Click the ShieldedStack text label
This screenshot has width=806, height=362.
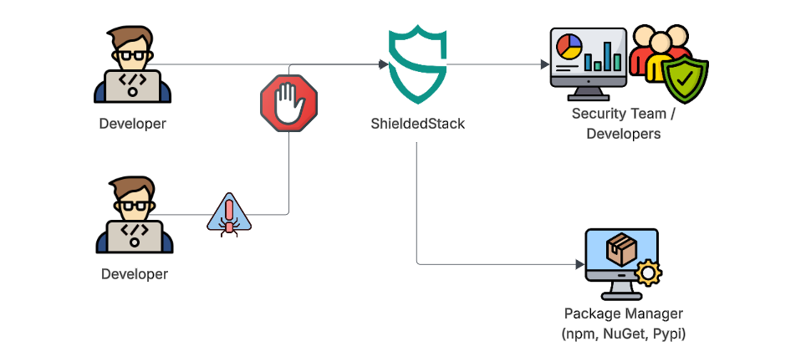click(x=417, y=123)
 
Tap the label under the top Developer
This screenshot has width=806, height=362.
click(x=133, y=124)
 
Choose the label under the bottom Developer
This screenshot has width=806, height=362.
click(x=134, y=273)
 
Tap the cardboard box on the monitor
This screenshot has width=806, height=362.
click(x=620, y=250)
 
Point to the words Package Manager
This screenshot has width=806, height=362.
click(x=623, y=314)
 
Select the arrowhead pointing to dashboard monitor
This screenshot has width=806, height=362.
click(x=543, y=64)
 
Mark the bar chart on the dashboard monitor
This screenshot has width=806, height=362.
click(x=603, y=59)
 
